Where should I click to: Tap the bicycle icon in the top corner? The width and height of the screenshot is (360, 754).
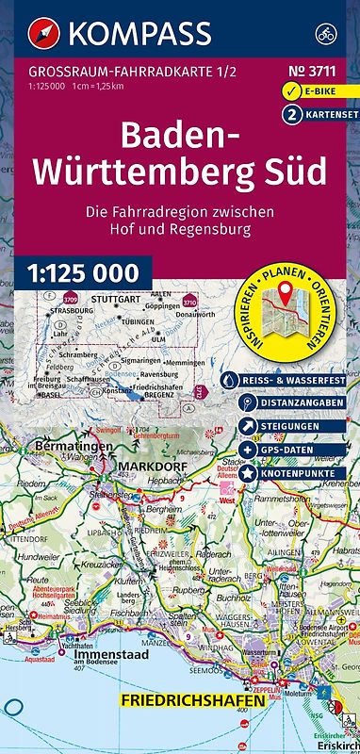[x=328, y=34]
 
